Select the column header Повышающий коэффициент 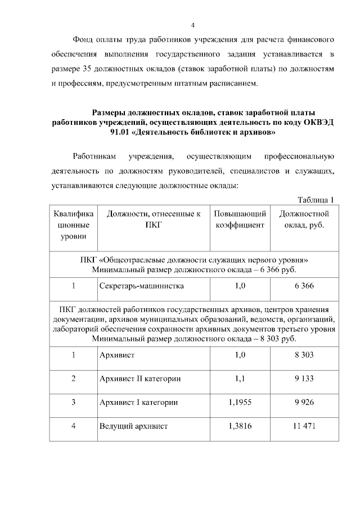coord(240,219)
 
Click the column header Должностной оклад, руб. coord(304,219)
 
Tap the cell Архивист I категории coord(138,402)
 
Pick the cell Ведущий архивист coord(133,426)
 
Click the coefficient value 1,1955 coord(240,402)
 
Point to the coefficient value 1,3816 coord(240,426)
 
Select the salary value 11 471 coord(304,426)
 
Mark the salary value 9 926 coord(304,402)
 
